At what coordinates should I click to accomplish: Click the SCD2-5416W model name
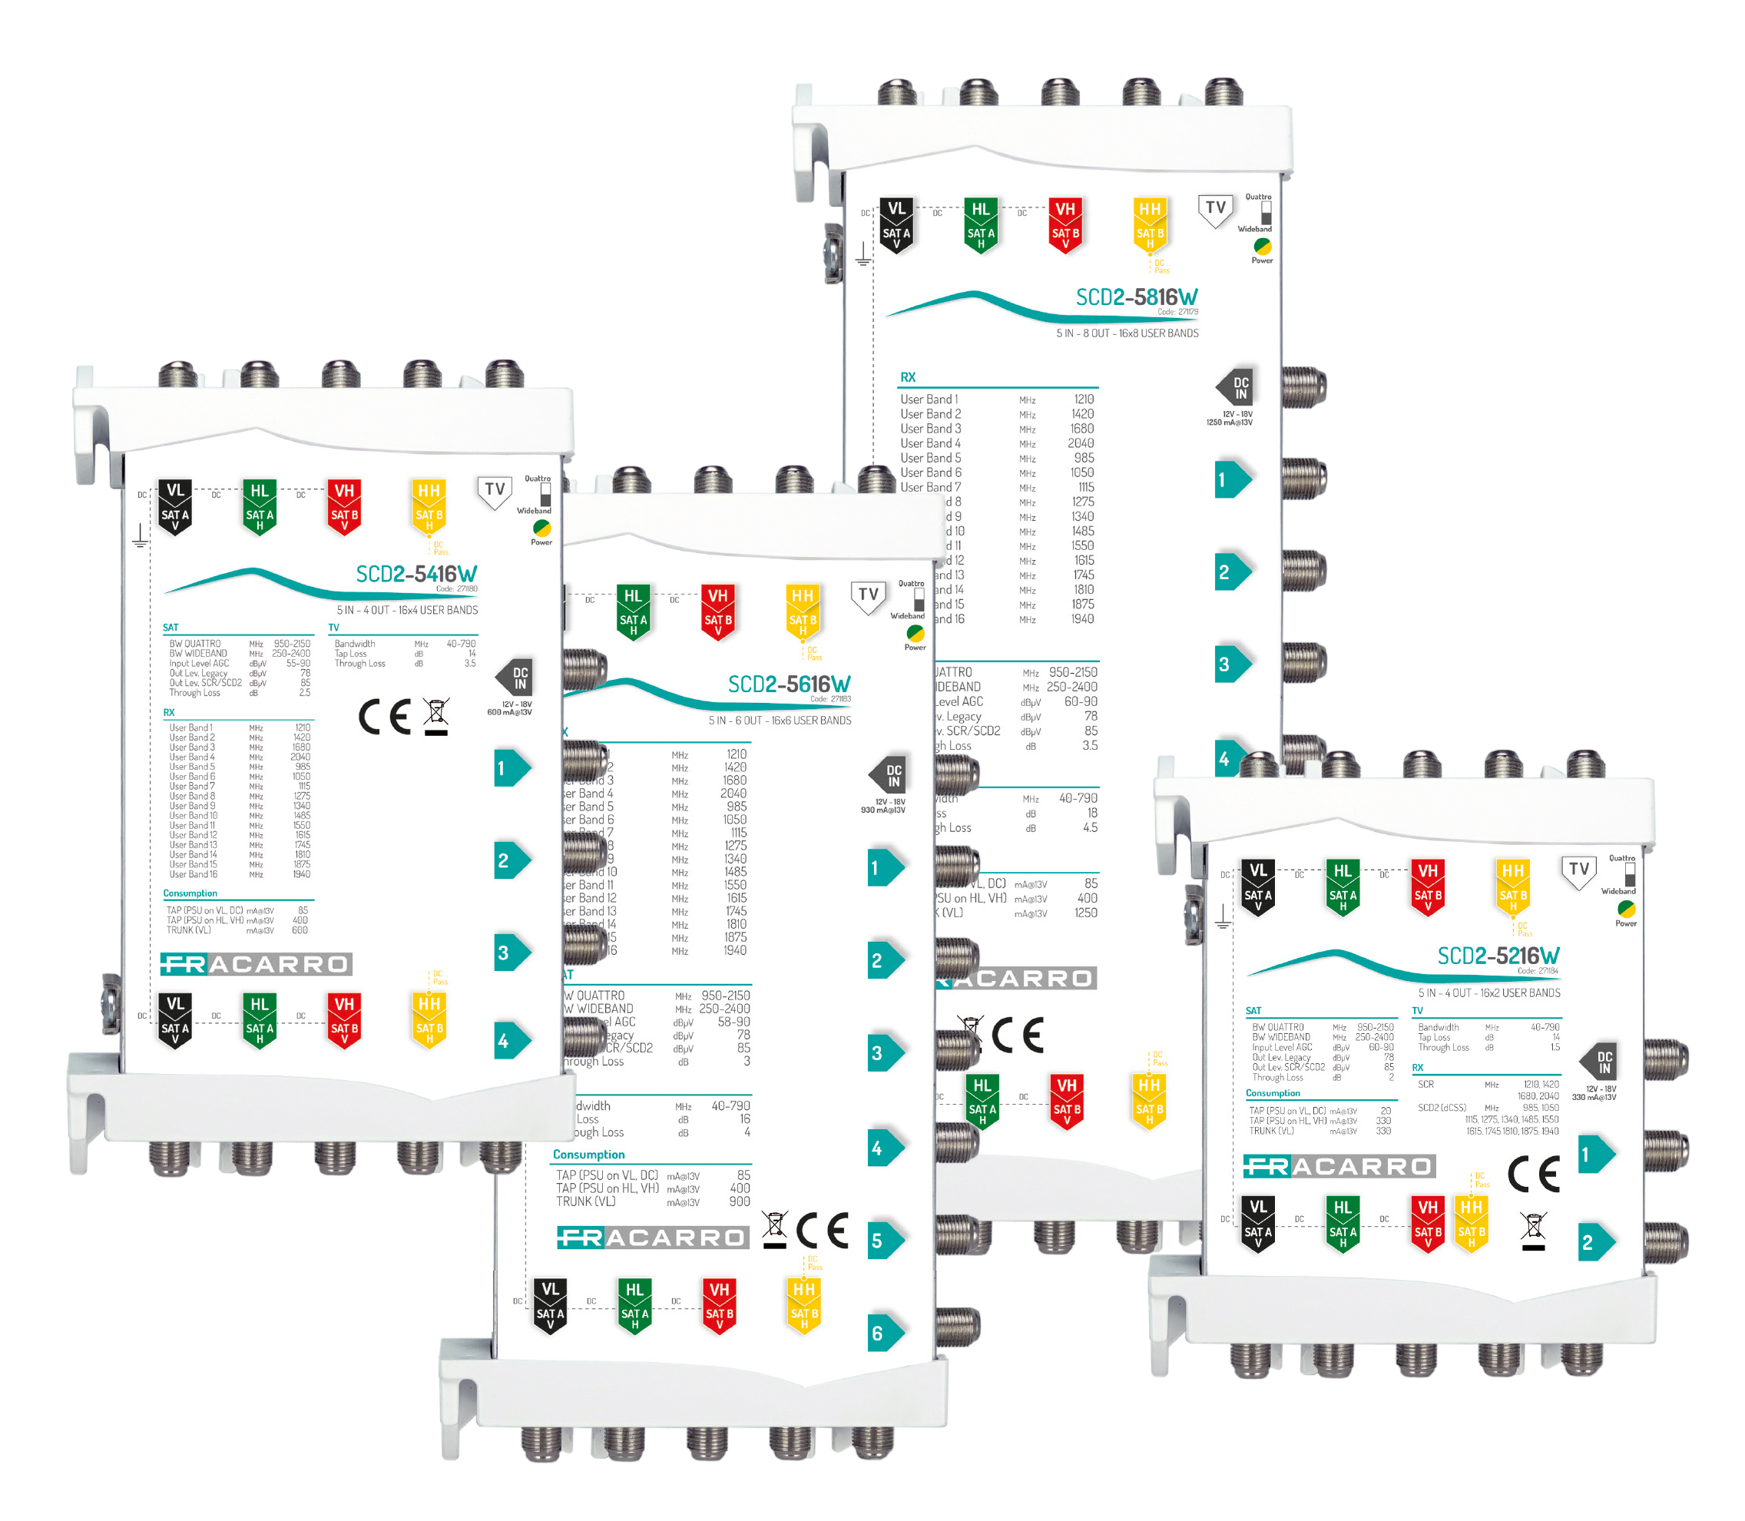pos(416,575)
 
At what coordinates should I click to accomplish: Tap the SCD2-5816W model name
pos(1137,297)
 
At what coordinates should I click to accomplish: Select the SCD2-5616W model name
pos(789,684)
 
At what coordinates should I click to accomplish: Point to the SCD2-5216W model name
pos(1498,956)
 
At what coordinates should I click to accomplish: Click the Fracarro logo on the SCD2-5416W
pos(256,964)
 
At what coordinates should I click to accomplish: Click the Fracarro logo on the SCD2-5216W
pos(1339,1166)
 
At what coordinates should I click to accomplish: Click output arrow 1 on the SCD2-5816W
pos(1231,479)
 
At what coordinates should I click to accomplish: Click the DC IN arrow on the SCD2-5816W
pos(1236,388)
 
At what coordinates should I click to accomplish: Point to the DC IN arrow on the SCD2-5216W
pos(1599,1062)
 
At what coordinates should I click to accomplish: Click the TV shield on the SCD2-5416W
pos(495,492)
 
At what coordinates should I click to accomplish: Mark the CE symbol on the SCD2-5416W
pos(385,717)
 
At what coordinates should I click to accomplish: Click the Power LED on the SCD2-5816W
pos(1262,246)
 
